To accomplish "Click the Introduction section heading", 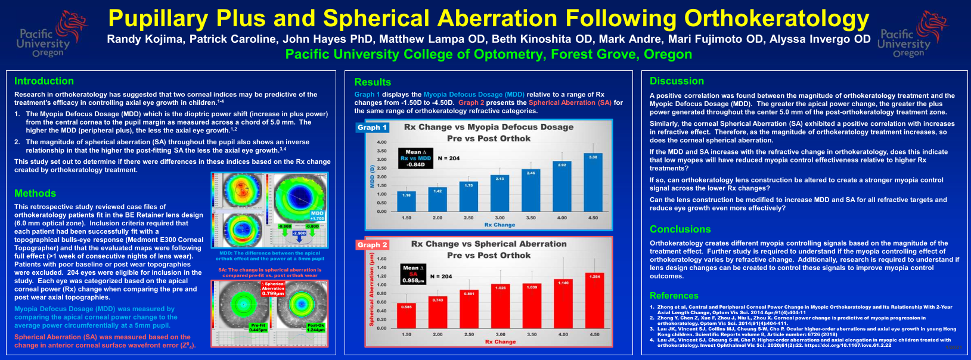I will pyautogui.click(x=44, y=81).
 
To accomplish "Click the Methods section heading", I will pyautogui.click(x=35, y=193).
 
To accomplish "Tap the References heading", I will pyautogui.click(x=674, y=296).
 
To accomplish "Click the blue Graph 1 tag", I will pyautogui.click(x=373, y=127).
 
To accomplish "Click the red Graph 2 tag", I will pyautogui.click(x=373, y=245).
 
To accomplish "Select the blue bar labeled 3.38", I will pyautogui.click(x=593, y=182).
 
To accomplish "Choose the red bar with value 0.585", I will pyautogui.click(x=407, y=315).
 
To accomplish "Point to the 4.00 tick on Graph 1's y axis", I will pyautogui.click(x=381, y=142).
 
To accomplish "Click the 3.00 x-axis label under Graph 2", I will pyautogui.click(x=500, y=334).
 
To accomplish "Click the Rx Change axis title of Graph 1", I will pyautogui.click(x=500, y=225).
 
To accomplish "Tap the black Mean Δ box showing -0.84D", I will pyautogui.click(x=415, y=158).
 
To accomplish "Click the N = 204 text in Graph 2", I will pyautogui.click(x=441, y=277).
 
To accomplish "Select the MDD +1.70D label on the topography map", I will pyautogui.click(x=317, y=216).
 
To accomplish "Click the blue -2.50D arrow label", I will pyautogui.click(x=299, y=233).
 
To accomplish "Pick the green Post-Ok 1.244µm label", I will pyautogui.click(x=316, y=327).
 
